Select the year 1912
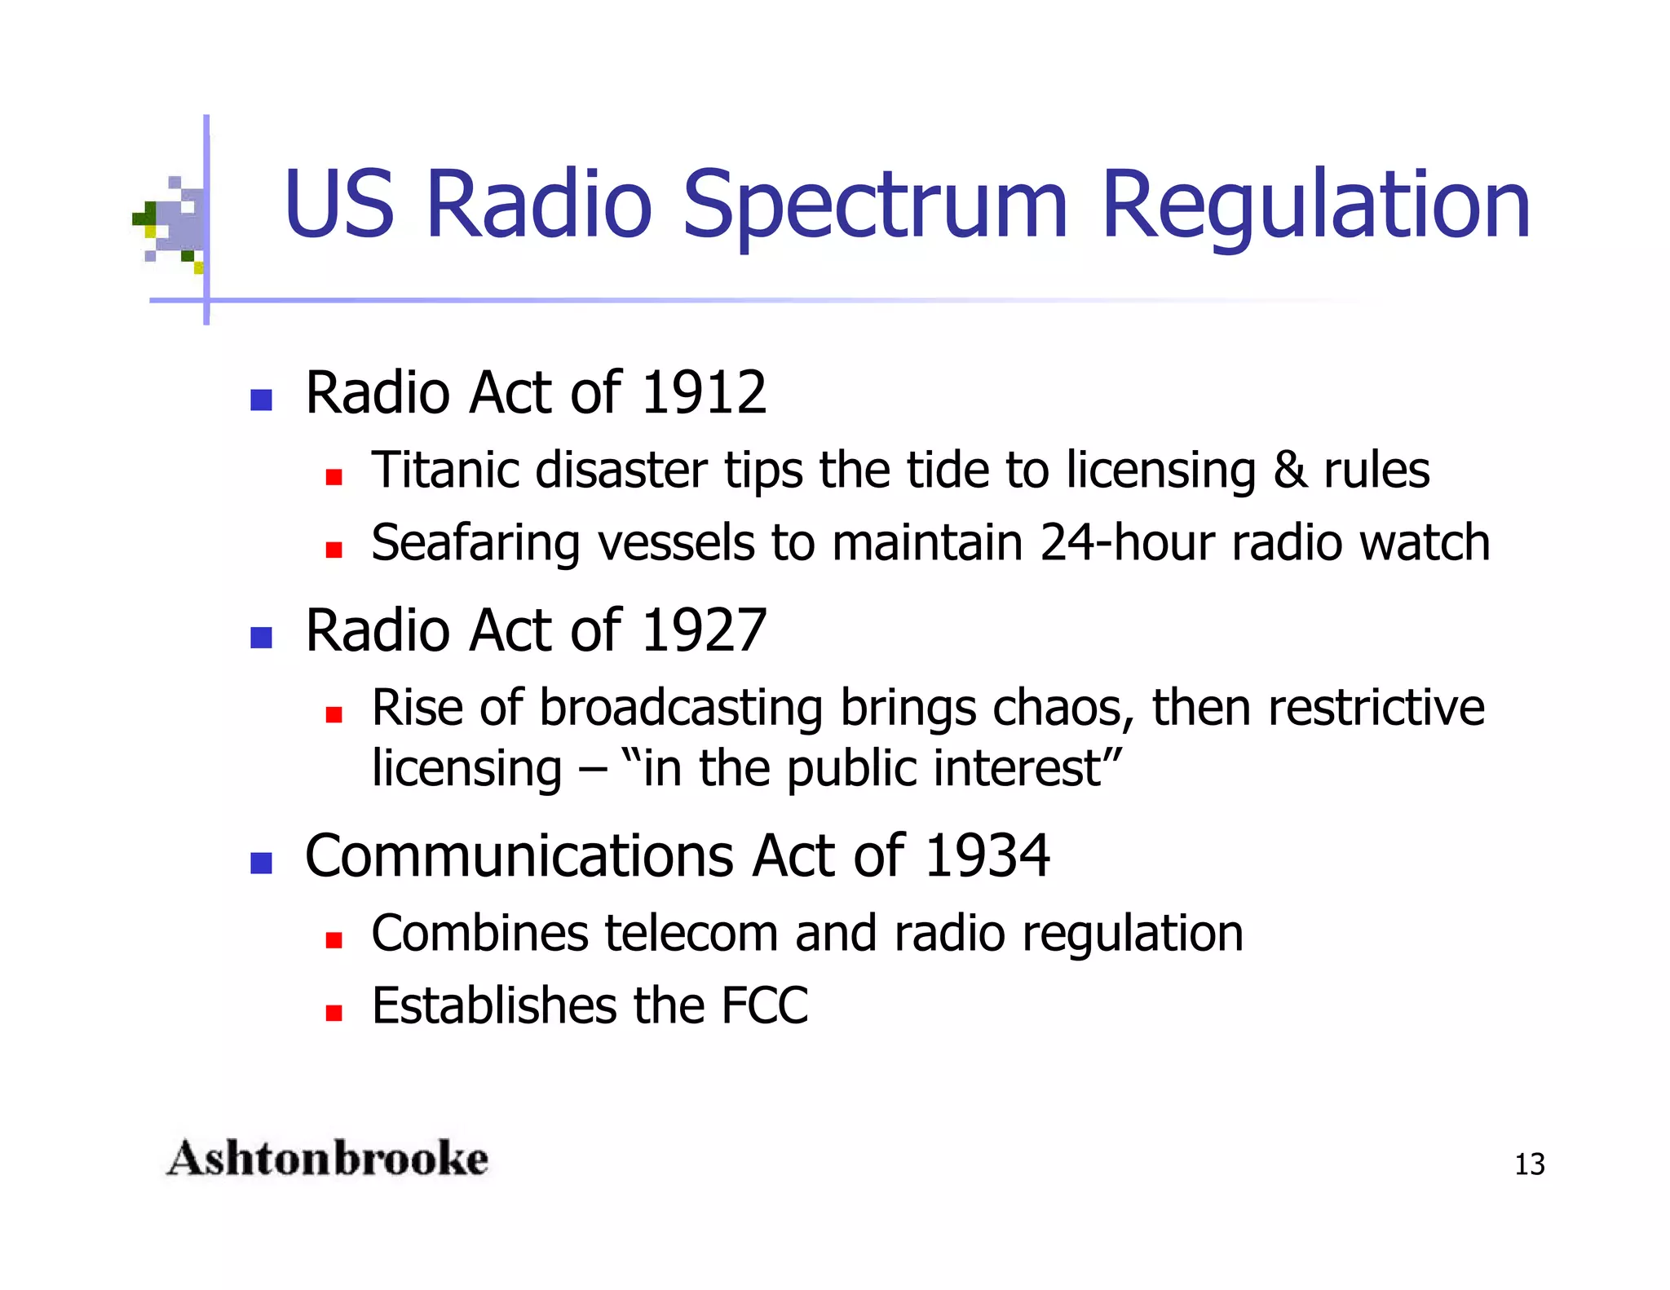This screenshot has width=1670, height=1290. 704,394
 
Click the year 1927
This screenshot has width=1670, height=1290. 704,631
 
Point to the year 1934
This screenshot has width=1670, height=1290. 987,857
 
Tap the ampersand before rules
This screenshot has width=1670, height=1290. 1290,470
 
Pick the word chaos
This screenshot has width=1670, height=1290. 1063,708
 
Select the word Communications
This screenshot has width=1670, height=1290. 519,857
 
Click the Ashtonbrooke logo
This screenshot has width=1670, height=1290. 327,1160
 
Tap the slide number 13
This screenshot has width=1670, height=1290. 1529,1164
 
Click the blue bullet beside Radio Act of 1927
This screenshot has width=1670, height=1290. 261,637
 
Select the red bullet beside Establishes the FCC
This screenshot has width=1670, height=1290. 333,1014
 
